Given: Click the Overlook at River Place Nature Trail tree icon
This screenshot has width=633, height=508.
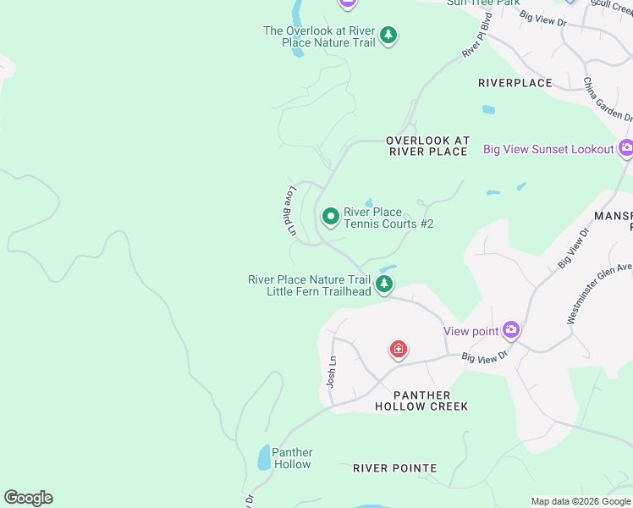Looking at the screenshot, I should coord(388,35).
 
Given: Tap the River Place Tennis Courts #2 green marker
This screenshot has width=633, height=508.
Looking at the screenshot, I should coord(330,218).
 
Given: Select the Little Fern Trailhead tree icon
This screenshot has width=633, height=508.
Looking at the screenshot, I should coord(384,284).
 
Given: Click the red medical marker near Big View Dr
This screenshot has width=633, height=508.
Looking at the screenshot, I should coord(398,349).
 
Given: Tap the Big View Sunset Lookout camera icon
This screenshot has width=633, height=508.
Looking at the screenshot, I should coord(626,149).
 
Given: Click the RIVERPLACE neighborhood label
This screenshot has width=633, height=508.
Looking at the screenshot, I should coord(515,83).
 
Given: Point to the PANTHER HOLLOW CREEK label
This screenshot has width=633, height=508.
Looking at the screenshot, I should coord(421,401).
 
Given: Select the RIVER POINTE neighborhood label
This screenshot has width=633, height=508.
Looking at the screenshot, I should coord(394,468).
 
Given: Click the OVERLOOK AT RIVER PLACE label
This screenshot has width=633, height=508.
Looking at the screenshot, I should coord(427,146).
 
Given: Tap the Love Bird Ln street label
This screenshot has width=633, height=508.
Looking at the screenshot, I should coord(289,211).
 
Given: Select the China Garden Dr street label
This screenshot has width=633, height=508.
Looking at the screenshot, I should coord(608,99).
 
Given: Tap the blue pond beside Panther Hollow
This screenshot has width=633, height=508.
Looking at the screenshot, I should coord(263,458).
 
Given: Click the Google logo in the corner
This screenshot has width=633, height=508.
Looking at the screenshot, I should coord(28,498).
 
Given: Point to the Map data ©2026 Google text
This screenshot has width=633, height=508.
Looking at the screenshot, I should coord(581,501).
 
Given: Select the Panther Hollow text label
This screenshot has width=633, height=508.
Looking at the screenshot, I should coord(292,458).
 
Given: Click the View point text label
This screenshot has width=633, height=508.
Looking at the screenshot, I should coord(471,331).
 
